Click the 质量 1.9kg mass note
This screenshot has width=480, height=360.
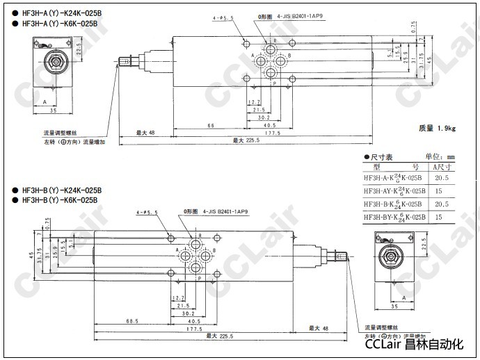tap(436, 128)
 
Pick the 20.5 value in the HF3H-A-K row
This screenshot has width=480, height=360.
tap(441, 178)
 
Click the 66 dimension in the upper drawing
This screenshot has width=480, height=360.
tap(211, 125)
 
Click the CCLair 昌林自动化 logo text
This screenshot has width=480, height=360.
tap(413, 343)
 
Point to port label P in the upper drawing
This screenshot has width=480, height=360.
tap(274, 84)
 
